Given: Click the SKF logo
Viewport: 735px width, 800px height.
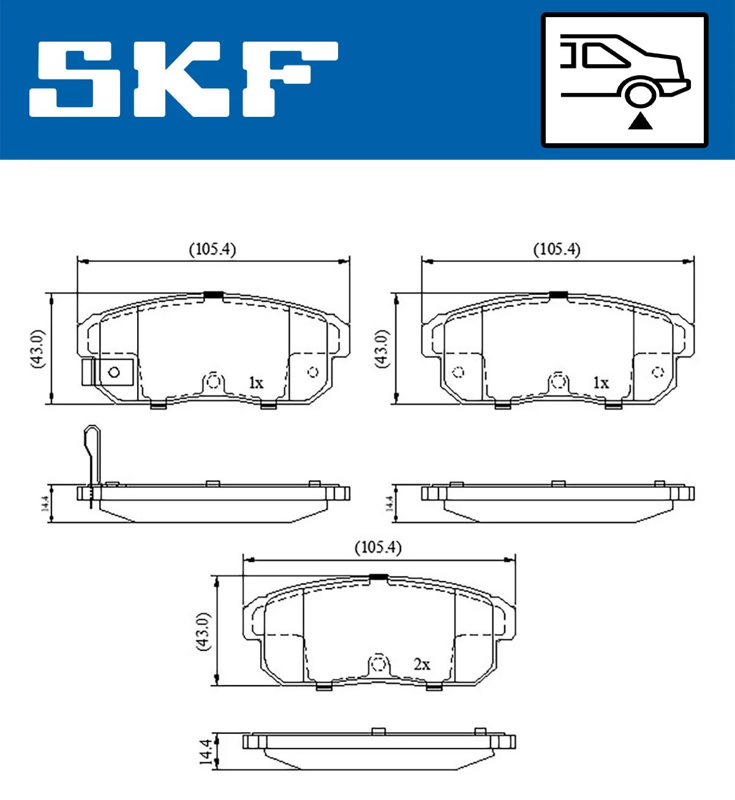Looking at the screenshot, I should pos(184,79).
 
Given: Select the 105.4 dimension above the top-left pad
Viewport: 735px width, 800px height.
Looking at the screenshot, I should pos(212,249).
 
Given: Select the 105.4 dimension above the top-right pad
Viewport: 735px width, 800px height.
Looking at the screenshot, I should pos(556,249).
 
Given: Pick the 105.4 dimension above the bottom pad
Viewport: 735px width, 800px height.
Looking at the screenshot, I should pos(378,547).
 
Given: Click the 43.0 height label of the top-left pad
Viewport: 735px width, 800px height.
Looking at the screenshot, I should pos(37,348).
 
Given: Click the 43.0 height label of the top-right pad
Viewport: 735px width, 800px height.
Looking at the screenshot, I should pos(382,348).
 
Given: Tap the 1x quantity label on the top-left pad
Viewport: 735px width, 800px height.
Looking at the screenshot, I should pos(255,383).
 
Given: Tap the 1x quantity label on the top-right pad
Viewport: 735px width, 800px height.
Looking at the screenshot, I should pos(600,383).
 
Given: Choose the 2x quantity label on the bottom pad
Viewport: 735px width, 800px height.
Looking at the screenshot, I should pos(421,664).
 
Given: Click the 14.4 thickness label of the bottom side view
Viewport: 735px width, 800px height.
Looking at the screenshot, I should pos(206,752).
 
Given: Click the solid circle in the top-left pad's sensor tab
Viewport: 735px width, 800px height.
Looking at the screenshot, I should pos(114,372).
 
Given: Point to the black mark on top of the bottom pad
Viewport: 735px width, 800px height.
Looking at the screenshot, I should pos(379,577).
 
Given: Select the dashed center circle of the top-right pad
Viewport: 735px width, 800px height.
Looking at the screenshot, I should pos(557,381).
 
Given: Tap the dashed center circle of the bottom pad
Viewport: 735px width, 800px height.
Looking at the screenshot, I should pos(379,664).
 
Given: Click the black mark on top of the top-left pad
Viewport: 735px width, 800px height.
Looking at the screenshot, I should pos(213,294).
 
